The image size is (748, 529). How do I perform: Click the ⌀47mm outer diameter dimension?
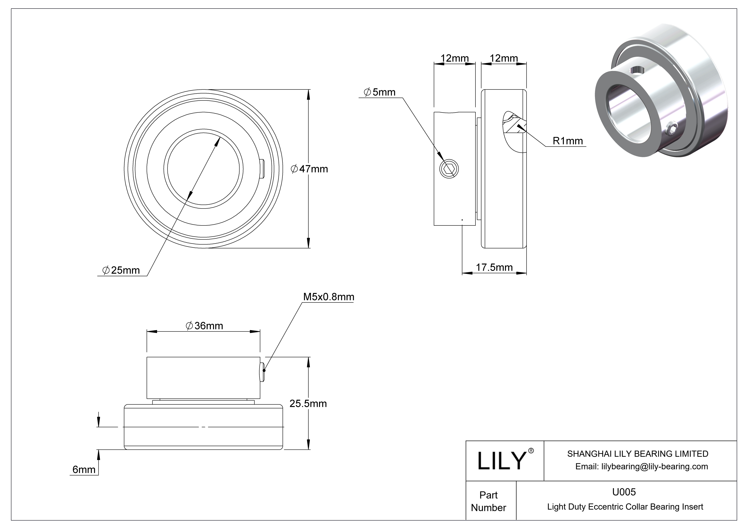coord(309,169)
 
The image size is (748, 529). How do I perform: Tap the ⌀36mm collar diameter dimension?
coord(204,325)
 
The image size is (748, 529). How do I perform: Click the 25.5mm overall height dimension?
coord(308,404)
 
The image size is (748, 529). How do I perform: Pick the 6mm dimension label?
coord(84,469)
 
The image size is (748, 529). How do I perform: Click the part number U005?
coord(624,492)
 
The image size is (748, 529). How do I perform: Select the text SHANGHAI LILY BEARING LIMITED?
coord(638,454)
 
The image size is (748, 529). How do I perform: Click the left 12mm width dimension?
coord(455,58)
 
